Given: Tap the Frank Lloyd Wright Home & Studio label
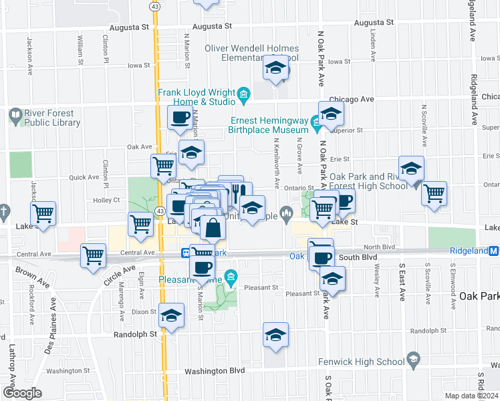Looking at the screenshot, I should click(x=197, y=97).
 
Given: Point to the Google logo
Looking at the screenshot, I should click(x=22, y=393).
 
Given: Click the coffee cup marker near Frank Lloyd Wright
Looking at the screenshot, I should click(x=180, y=118).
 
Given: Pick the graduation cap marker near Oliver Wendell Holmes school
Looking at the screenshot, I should click(x=275, y=68).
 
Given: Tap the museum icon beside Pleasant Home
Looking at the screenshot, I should click(x=231, y=276).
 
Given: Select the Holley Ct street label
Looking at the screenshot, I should click(x=106, y=200).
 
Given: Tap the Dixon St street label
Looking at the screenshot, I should click(x=144, y=311).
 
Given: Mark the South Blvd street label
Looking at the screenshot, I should click(x=358, y=257).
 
